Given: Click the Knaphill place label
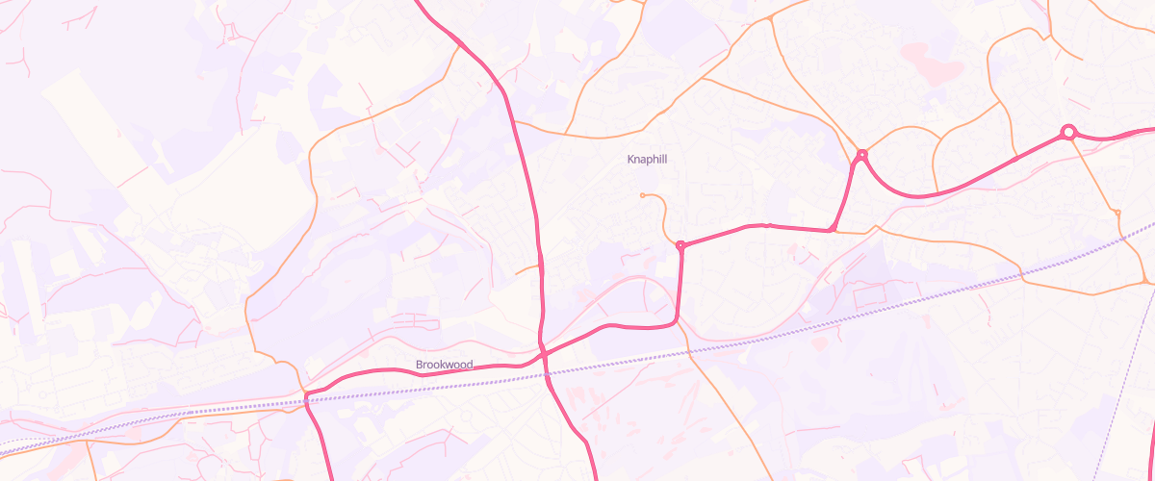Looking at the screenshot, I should click(x=647, y=159).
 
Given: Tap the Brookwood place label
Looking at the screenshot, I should click(x=445, y=365).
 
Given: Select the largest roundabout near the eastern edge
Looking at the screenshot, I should click(x=1067, y=132).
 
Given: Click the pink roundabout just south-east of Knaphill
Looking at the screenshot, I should click(x=680, y=245).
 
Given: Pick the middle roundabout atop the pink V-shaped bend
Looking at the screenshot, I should click(x=862, y=154).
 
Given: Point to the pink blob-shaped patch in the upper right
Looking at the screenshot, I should click(x=931, y=63).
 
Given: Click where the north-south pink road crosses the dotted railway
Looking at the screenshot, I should click(x=547, y=373).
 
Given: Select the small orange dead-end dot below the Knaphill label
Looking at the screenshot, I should click(x=642, y=195).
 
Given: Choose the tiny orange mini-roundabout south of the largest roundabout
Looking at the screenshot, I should click(x=1117, y=212).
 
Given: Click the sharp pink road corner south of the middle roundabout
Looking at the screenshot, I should click(x=833, y=230).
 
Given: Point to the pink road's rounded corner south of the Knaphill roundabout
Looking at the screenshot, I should click(x=677, y=317).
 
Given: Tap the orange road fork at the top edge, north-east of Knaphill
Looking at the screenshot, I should click(x=771, y=17).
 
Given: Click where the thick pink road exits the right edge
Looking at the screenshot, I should click(x=1151, y=129).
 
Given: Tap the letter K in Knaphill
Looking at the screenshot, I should click(x=630, y=159).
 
